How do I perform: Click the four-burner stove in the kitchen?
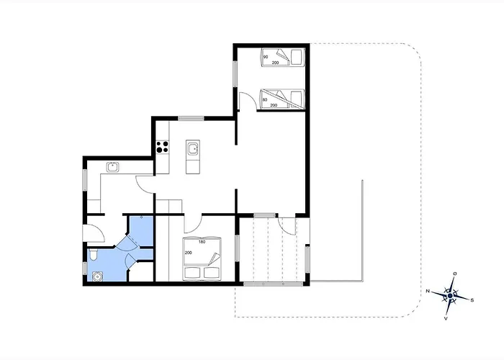[x=162, y=147]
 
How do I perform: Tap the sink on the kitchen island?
[x=193, y=149]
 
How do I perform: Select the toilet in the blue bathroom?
[x=93, y=255]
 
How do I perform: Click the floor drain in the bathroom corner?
[x=97, y=276]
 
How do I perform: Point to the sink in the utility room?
[x=112, y=167]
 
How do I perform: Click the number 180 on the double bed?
[x=202, y=242]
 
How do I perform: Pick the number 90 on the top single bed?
[x=266, y=57]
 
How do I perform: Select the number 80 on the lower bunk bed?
[x=265, y=99]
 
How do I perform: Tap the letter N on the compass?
[x=428, y=291]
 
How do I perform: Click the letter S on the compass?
[x=472, y=300]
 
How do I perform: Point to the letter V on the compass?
[x=446, y=318]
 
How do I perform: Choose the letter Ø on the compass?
[x=454, y=274]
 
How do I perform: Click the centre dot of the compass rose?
[x=450, y=295]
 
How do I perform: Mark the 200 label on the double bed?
[x=189, y=253]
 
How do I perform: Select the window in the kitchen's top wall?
[x=191, y=118]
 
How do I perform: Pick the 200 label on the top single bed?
[x=275, y=63]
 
